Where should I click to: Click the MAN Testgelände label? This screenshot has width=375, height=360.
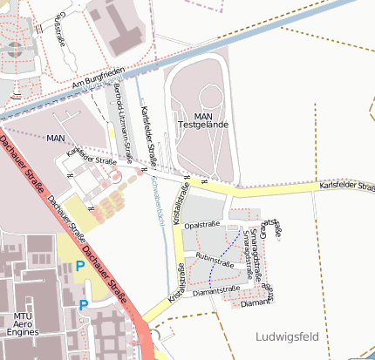click(203, 120)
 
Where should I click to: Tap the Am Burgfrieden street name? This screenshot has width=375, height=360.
click(100, 76)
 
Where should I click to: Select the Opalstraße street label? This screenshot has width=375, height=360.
click(203, 225)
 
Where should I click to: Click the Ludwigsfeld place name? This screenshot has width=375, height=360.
click(288, 336)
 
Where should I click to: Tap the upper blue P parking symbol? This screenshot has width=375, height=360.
click(80, 266)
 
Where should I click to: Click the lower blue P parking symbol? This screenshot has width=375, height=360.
click(84, 304)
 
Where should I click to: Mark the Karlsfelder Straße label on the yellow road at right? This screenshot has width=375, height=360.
click(345, 186)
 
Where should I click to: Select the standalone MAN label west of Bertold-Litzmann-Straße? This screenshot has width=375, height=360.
click(56, 139)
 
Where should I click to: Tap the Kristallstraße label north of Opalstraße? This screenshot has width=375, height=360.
click(183, 209)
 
